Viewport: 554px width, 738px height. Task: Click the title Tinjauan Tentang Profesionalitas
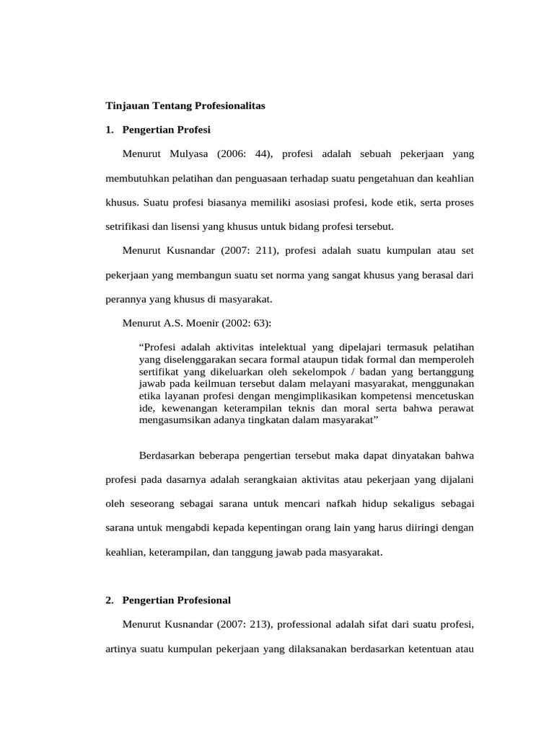[x=186, y=106]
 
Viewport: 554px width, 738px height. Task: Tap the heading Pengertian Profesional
[x=177, y=600]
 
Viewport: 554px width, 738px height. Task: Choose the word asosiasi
[x=340, y=203]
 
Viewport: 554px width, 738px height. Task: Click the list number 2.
[x=110, y=600]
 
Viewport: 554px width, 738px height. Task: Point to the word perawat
[x=456, y=407]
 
